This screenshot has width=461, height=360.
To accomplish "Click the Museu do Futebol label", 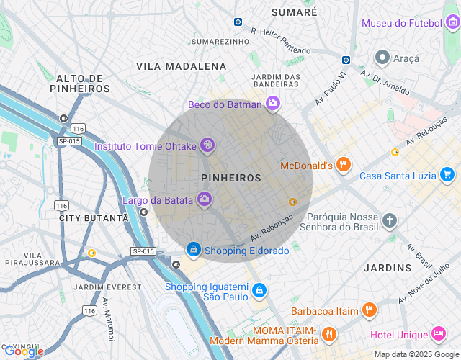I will click(401, 23).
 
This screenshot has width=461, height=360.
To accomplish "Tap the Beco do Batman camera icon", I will click(273, 104).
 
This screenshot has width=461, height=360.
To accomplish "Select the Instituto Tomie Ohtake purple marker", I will click(207, 146).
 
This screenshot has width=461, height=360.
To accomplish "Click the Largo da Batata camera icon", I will click(205, 199).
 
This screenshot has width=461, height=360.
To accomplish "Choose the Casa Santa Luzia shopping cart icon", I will click(447, 175).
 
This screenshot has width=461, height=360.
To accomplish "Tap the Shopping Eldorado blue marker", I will click(193, 250).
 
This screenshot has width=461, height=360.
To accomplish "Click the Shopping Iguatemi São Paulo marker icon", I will click(259, 291).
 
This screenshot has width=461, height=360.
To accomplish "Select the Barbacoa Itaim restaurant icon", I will click(370, 310).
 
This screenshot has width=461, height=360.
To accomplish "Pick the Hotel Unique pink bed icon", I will click(438, 334).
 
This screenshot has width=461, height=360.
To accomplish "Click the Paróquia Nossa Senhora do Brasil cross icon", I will click(390, 220).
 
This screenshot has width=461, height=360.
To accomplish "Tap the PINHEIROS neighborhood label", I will click(231, 177).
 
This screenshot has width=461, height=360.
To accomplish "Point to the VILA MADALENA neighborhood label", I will click(182, 66).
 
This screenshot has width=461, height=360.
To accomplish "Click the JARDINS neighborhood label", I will click(388, 268).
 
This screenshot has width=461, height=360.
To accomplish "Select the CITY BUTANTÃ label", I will click(93, 217).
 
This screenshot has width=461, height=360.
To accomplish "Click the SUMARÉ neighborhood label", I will click(294, 12).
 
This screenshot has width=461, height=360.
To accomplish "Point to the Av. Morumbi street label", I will click(108, 319).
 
